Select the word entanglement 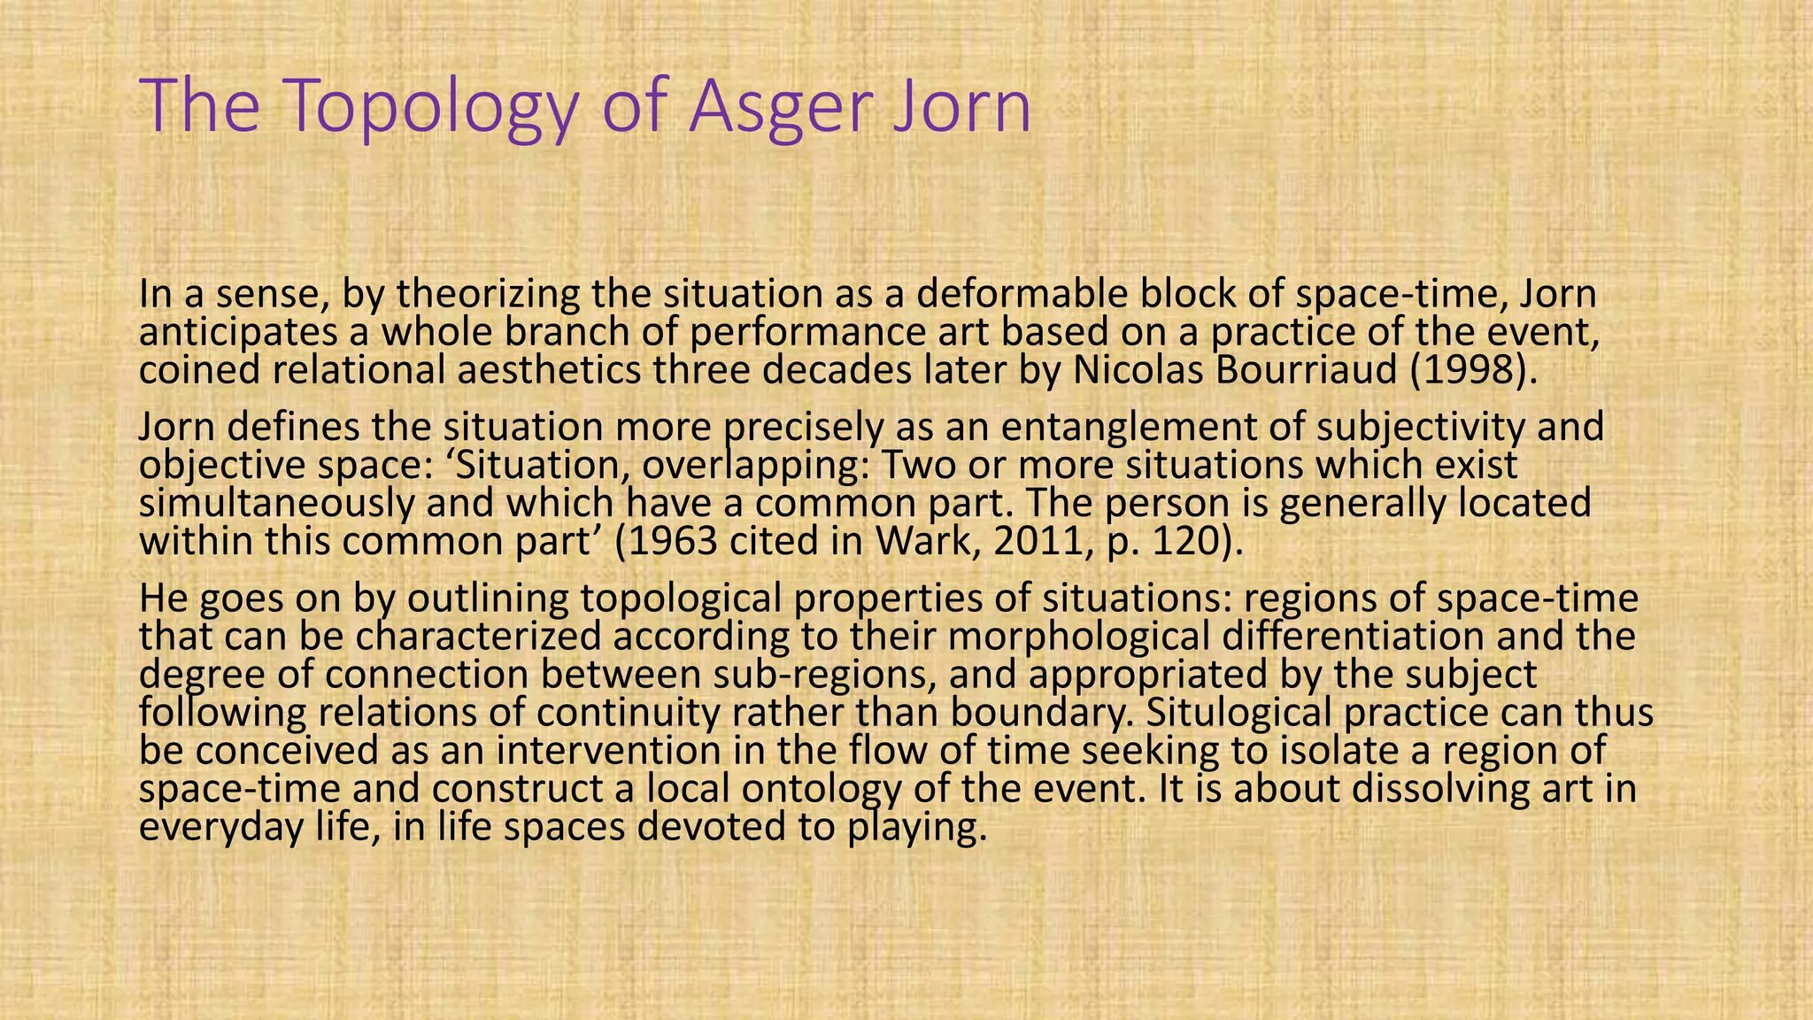tap(1143, 428)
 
